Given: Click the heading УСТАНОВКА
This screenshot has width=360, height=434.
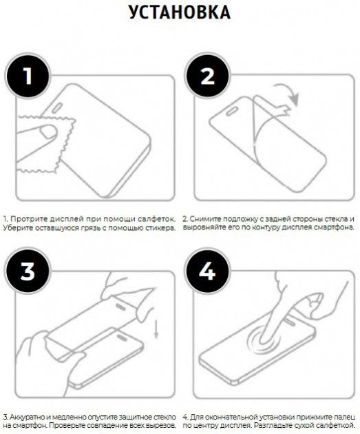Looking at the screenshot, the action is pyautogui.click(x=180, y=12).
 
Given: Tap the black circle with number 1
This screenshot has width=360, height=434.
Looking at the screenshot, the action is pyautogui.click(x=28, y=76).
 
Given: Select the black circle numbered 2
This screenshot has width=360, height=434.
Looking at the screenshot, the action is pyautogui.click(x=207, y=76).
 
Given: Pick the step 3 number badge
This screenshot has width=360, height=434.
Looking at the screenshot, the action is pyautogui.click(x=28, y=271).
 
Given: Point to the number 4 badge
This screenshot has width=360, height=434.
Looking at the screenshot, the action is pyautogui.click(x=207, y=271).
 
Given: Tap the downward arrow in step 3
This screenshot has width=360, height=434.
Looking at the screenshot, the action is pyautogui.click(x=156, y=329).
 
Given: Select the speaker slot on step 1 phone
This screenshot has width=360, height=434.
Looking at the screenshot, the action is pyautogui.click(x=57, y=107).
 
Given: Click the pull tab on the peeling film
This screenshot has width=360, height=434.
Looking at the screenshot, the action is pyautogui.click(x=284, y=110).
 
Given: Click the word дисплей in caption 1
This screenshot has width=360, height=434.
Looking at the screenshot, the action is pyautogui.click(x=67, y=219).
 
